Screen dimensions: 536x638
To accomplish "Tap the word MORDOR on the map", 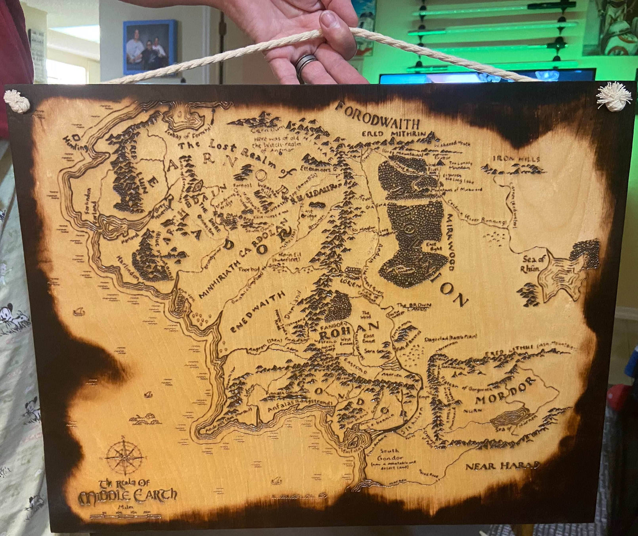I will coord(506,392).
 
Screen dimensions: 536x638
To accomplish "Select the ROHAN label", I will coord(349,332).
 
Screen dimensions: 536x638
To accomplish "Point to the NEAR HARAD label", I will coord(502,466).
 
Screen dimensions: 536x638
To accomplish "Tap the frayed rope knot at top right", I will coord(614,96).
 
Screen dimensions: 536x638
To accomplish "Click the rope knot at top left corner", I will coord(17,101).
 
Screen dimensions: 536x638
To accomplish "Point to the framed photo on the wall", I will coord(150,47).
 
